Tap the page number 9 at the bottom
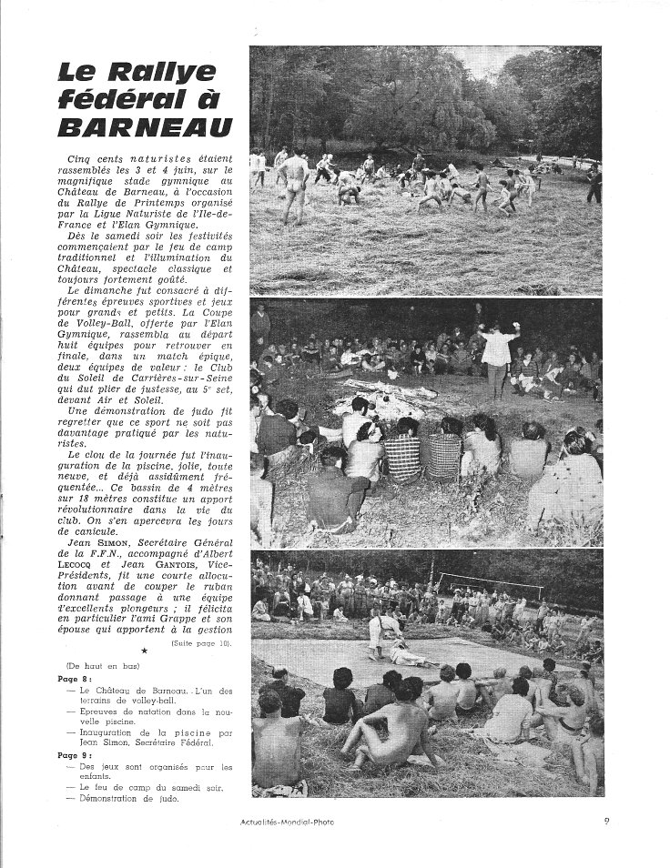pyautogui.click(x=607, y=823)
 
